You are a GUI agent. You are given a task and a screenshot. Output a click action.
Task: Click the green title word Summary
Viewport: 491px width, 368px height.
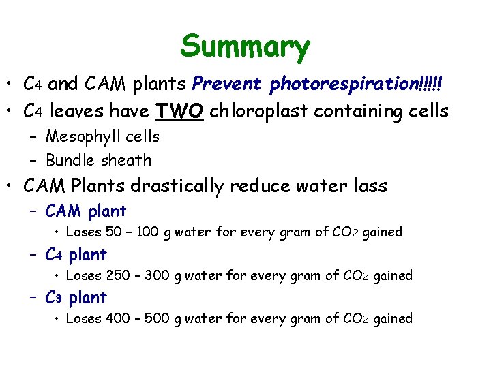click(x=245, y=46)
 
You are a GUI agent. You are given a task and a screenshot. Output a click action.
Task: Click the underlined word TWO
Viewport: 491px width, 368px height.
click(x=180, y=110)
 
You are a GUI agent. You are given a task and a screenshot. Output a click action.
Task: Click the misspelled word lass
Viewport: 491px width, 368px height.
click(x=368, y=185)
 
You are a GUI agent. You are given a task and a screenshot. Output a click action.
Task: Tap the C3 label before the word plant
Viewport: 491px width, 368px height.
click(x=55, y=298)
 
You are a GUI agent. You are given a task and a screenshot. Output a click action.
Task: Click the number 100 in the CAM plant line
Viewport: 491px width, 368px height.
click(x=148, y=232)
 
